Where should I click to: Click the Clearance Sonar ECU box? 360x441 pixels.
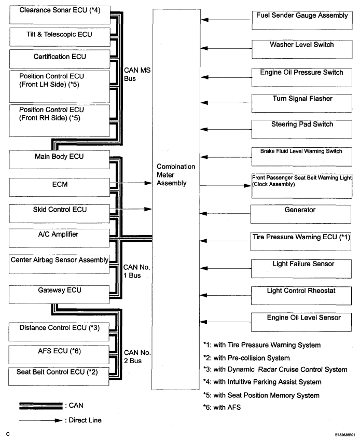click(x=60, y=15)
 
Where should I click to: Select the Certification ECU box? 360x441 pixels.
click(x=60, y=59)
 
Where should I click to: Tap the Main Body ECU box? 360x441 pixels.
click(x=59, y=159)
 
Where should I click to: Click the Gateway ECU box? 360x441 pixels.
click(x=59, y=295)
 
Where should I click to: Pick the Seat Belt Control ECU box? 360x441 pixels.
click(x=59, y=376)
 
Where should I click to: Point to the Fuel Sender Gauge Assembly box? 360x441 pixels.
click(x=302, y=20)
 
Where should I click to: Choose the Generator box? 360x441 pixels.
click(x=301, y=214)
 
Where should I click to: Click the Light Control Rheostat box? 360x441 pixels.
click(x=301, y=296)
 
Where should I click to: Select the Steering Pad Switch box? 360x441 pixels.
click(x=302, y=129)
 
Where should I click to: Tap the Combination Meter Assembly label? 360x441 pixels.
click(x=176, y=175)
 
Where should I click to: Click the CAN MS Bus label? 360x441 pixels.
click(x=137, y=74)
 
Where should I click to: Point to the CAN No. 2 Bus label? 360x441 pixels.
click(x=137, y=356)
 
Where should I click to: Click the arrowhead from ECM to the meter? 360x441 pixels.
click(x=148, y=183)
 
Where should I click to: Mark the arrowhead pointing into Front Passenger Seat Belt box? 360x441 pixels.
click(x=247, y=186)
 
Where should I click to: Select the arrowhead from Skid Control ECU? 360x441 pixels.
click(x=148, y=209)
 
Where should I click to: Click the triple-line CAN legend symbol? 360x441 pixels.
click(x=41, y=406)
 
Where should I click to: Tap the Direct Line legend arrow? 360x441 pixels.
click(x=41, y=420)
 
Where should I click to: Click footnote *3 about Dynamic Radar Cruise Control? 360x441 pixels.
click(x=275, y=369)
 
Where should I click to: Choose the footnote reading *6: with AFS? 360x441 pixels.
click(x=222, y=407)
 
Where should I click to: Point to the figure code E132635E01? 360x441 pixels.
click(x=345, y=435)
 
